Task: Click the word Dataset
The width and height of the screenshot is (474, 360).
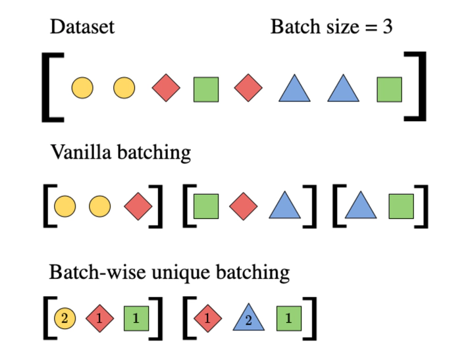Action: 82,27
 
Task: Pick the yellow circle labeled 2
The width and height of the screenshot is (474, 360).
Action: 65,319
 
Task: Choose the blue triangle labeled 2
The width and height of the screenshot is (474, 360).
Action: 248,319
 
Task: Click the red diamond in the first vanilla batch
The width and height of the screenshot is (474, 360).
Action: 138,207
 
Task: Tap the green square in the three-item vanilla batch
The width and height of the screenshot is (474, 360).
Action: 206,207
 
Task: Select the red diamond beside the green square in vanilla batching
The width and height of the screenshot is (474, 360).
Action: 244,207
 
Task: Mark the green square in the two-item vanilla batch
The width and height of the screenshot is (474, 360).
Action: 401,207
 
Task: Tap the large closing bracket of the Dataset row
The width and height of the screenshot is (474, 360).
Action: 416,88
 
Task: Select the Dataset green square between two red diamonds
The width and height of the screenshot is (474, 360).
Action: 206,89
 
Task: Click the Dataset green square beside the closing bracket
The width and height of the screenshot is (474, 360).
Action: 389,89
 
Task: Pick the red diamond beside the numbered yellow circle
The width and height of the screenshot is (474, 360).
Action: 100,319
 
